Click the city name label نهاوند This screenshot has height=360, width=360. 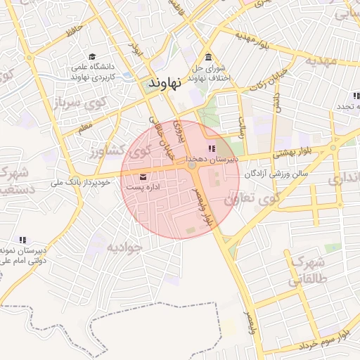click(x=165, y=82)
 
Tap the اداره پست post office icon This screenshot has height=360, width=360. click(x=144, y=176)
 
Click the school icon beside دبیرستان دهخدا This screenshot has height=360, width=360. click(x=212, y=149)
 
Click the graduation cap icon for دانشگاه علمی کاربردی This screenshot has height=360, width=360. click(x=92, y=57)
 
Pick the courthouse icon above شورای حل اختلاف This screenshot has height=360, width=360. click(x=207, y=58)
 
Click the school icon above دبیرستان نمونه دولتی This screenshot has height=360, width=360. click(x=22, y=240)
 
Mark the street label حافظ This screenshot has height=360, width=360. click(x=74, y=30)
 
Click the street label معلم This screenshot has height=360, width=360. click(x=86, y=128)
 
